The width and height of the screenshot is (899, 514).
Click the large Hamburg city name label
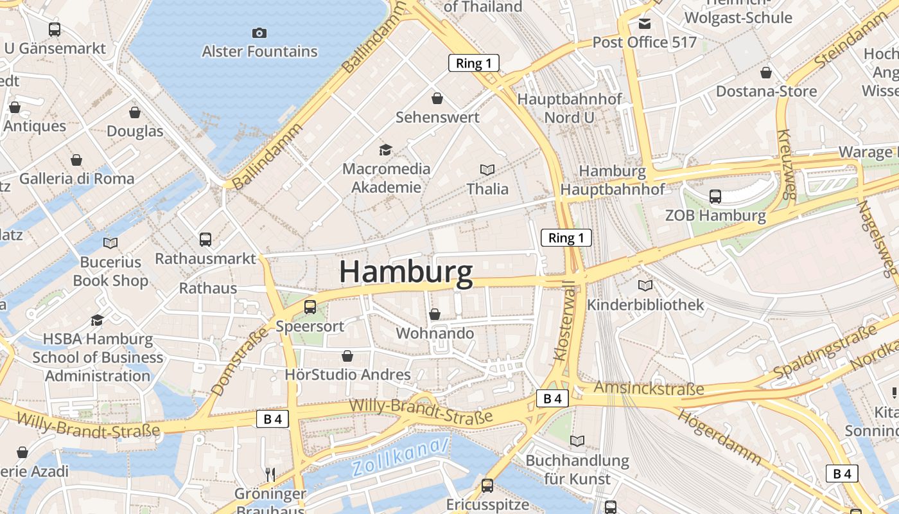coord(406,272)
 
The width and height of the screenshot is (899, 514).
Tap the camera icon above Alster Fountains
coord(259,33)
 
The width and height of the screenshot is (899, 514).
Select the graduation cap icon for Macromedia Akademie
coord(385,150)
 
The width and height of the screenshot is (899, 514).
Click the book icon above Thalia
coord(487,170)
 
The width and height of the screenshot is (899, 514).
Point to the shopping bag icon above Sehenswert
coord(437,98)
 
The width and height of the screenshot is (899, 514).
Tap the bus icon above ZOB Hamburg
coord(715,196)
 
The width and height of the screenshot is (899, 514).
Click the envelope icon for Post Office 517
coord(644,24)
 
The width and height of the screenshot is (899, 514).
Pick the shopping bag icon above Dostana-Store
coord(766,73)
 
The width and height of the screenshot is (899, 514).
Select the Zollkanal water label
coord(400,458)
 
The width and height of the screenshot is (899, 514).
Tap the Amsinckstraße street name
coord(649,388)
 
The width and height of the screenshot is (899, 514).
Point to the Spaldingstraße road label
coord(825,352)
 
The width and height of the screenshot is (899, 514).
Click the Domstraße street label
coord(229,361)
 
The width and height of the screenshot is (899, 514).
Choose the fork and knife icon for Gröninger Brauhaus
coord(270,475)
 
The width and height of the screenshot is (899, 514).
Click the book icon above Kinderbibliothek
coord(645,285)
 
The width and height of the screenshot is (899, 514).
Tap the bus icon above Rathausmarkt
coord(205,240)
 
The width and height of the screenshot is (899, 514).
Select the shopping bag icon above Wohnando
coord(435,314)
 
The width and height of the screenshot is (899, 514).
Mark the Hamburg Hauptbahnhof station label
coord(613,181)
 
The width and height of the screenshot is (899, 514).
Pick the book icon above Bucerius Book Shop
coord(110,243)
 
